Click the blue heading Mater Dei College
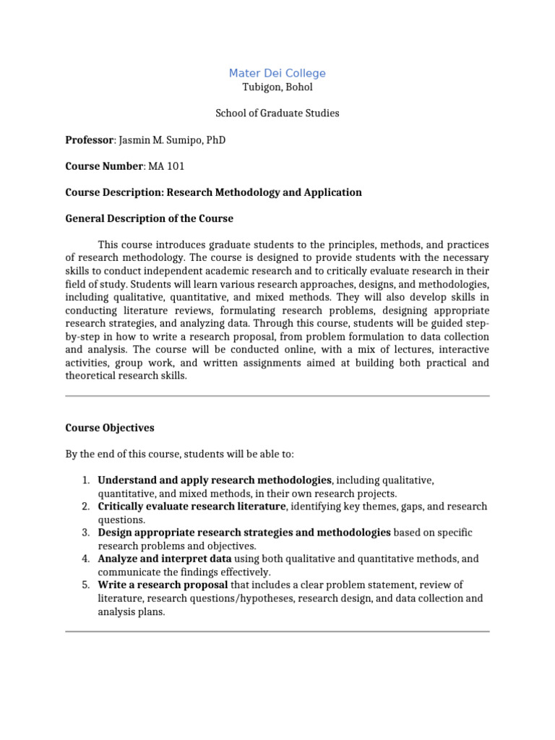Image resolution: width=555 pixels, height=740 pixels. tap(277, 73)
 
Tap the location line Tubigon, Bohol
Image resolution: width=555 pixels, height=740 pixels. tap(277, 87)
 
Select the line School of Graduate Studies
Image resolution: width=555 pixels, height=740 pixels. tap(277, 113)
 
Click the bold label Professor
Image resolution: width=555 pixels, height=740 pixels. tap(90, 139)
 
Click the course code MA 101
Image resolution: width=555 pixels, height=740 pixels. tap(166, 166)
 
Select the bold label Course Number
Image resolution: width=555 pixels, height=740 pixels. tap(104, 166)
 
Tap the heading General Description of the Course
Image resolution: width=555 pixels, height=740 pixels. tap(149, 218)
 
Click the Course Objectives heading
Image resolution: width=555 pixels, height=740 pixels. tap(110, 428)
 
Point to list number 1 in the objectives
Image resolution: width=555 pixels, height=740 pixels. tap(85, 480)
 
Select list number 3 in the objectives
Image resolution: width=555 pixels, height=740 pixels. tap(85, 533)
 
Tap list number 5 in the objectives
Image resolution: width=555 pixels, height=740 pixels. tap(85, 585)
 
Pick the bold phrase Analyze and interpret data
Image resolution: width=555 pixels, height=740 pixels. tap(165, 559)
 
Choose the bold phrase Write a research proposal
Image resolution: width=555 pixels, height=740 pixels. tap(163, 585)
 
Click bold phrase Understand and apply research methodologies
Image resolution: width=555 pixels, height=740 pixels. tap(215, 480)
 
